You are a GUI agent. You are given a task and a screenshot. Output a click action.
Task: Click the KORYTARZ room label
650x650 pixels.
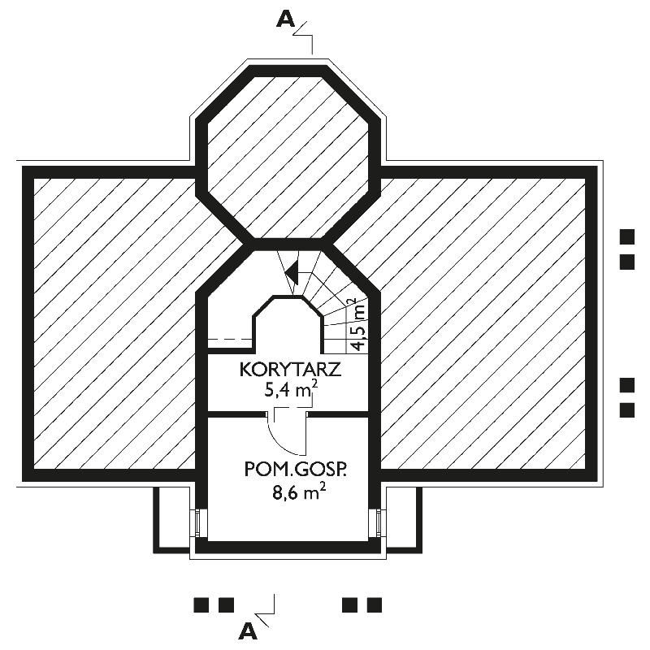[x=290, y=369]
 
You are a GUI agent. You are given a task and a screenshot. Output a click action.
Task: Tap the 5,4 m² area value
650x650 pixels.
[x=291, y=390]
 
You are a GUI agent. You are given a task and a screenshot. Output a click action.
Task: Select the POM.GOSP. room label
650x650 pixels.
[x=295, y=470]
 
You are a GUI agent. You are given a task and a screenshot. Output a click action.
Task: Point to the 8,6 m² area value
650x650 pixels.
[x=298, y=492]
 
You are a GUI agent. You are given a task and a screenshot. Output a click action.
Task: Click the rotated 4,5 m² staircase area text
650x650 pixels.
[x=359, y=324]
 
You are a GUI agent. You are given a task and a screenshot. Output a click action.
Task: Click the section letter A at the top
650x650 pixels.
[x=286, y=19]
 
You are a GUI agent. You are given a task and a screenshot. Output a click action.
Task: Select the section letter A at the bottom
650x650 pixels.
[x=248, y=631]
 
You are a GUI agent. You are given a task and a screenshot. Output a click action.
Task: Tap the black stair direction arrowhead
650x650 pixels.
[x=292, y=273]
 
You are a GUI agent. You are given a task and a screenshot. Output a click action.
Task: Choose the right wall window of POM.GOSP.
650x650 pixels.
[x=379, y=523]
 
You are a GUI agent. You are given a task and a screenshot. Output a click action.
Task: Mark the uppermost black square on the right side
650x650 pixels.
[x=626, y=236]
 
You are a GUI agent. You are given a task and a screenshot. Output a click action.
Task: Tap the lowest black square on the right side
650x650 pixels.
[x=626, y=410]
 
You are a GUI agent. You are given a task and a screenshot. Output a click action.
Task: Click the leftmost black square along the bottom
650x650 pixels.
[x=201, y=604]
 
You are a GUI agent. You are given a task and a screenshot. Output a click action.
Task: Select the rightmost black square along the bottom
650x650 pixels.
[x=375, y=604]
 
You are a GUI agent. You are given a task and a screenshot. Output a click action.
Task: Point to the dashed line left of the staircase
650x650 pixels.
[x=230, y=339]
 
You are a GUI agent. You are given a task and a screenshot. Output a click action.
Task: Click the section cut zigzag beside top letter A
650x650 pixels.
[x=303, y=37]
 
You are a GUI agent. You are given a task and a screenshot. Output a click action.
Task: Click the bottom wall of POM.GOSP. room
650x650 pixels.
[x=288, y=547]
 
